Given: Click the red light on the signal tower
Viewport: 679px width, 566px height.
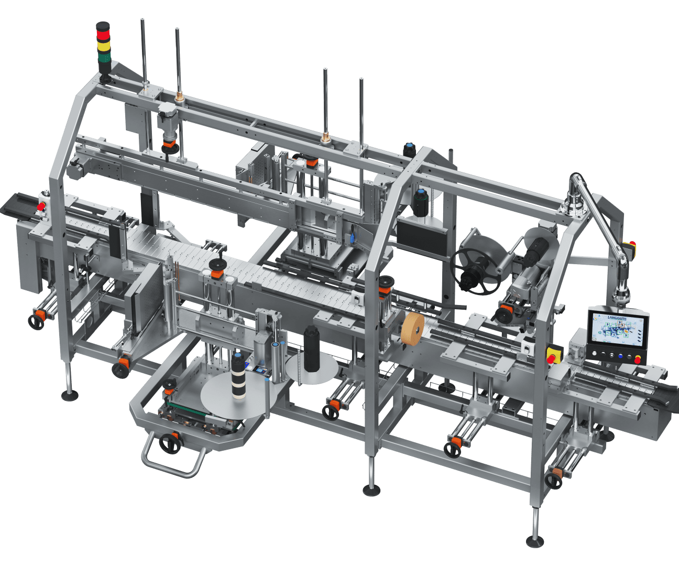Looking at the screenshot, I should [103, 32].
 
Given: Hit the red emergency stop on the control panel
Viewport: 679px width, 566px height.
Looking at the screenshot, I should [637, 360].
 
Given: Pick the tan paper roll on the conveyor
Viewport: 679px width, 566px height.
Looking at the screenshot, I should [413, 329].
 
